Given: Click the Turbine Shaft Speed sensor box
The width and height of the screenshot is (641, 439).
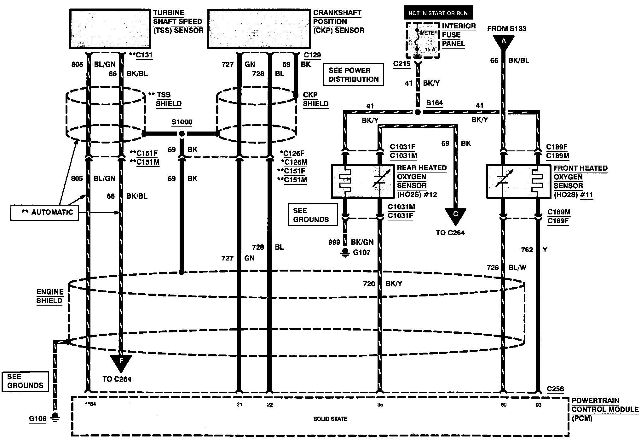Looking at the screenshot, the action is coord(110,29).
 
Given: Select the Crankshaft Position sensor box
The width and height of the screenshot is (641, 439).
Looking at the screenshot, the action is coord(259,29).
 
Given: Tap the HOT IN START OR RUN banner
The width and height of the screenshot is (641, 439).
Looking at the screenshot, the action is coord(438,13).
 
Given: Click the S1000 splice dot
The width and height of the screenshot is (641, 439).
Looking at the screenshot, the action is coord(182,134).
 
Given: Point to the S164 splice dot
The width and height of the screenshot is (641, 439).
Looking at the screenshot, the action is coord(418,112).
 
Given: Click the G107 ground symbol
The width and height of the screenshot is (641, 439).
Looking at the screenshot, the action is coord(346,253).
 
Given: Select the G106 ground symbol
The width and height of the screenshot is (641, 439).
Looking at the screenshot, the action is coord(55,417).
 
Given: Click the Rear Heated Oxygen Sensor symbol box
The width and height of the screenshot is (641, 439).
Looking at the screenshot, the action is coord(363,181).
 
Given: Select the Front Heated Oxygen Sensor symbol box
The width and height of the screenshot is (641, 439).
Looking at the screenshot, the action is coord(518,181).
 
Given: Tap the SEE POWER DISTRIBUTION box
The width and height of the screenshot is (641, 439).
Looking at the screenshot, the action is coord(354,74).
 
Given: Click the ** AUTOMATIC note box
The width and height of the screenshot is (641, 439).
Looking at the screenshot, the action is coord(44,212).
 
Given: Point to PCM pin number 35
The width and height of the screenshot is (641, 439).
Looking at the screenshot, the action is coord(380,405).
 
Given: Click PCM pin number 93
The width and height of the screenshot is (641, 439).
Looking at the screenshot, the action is coord(538,405).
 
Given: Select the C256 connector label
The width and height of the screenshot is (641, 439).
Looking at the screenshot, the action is coord(555,389).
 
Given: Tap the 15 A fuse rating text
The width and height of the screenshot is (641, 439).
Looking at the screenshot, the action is coord(430,49).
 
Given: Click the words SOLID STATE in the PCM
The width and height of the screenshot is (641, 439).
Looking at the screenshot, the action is coord(330,419).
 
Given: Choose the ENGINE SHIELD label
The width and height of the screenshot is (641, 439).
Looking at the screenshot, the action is coord(50,296).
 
